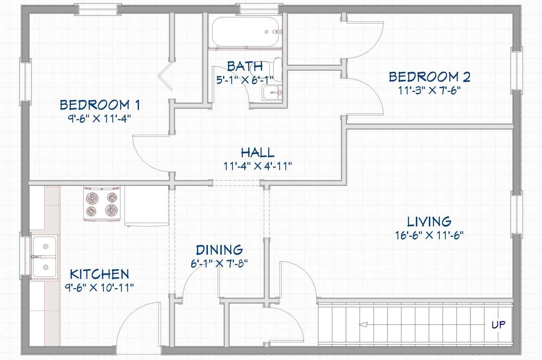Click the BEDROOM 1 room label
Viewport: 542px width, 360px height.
pyautogui.click(x=100, y=105)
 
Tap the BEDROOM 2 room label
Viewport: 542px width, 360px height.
pyautogui.click(x=429, y=77)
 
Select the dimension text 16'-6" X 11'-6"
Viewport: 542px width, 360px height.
pyautogui.click(x=429, y=235)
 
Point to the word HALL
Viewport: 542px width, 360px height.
pyautogui.click(x=258, y=152)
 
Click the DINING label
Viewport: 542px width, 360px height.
pyautogui.click(x=219, y=250)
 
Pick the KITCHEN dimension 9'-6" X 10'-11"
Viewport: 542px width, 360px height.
pyautogui.click(x=99, y=288)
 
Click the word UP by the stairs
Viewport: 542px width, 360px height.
pyautogui.click(x=498, y=325)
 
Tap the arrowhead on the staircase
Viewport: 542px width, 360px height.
pyautogui.click(x=363, y=324)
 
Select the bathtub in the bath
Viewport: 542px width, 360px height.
pyautogui.click(x=246, y=32)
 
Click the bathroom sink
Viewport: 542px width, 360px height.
pyautogui.click(x=272, y=93)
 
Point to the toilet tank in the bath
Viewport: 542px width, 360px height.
pyautogui.click(x=278, y=70)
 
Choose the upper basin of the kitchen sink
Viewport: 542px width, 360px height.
pyautogui.click(x=45, y=246)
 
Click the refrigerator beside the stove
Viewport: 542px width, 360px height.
pyautogui.click(x=147, y=206)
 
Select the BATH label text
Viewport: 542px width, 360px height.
pyautogui.click(x=245, y=66)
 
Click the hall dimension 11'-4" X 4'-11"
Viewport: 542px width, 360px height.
pyautogui.click(x=258, y=166)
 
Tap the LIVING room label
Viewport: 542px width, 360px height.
pyautogui.click(x=429, y=222)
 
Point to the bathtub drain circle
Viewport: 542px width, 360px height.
pyautogui.click(x=267, y=32)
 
